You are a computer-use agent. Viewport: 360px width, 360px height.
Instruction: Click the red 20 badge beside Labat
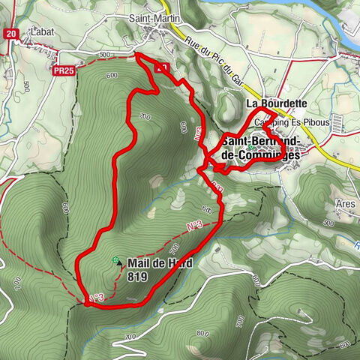click(x=10, y=33)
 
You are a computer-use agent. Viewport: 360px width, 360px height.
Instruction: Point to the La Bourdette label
click(x=276, y=104)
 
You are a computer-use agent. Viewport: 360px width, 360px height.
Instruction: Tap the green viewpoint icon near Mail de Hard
click(x=115, y=259)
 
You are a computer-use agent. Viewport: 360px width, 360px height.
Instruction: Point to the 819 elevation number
click(x=136, y=276)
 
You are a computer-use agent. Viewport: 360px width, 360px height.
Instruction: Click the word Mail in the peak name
click(x=138, y=263)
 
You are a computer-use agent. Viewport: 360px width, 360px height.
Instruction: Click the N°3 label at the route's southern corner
click(x=95, y=298)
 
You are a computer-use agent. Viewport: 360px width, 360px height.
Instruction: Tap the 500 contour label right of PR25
click(x=103, y=55)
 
